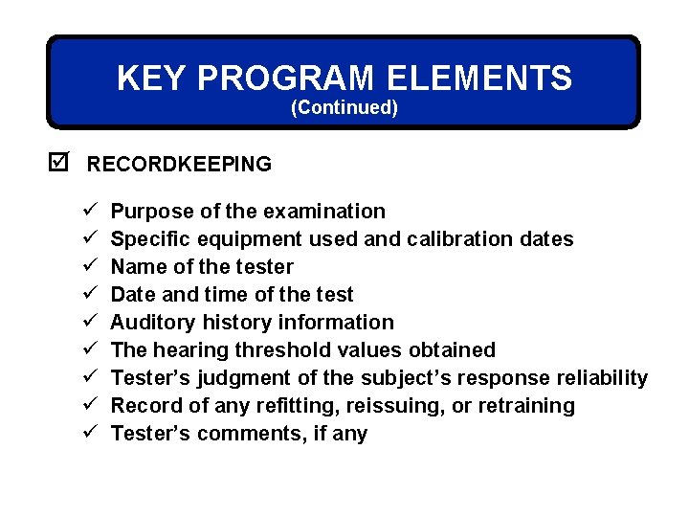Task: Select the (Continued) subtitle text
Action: coord(344,107)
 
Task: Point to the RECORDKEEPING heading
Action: coord(179,165)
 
